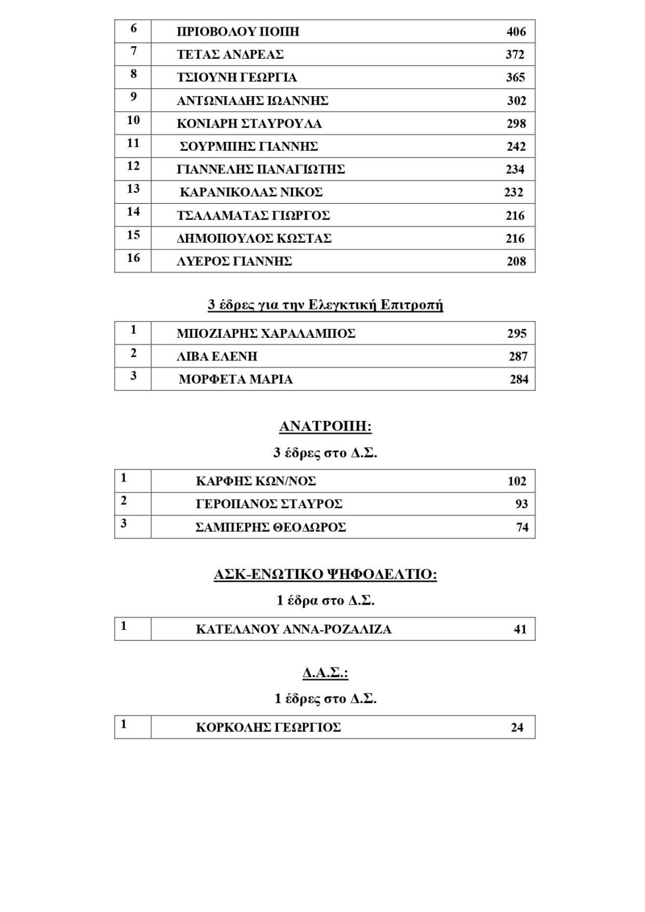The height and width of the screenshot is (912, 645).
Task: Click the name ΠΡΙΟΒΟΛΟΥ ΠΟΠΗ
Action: pos(238,32)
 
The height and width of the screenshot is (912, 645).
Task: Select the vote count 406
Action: pos(516,32)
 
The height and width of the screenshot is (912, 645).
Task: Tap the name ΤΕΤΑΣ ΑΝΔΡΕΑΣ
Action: pos(230,55)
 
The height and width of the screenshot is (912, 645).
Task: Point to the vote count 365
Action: pos(516,78)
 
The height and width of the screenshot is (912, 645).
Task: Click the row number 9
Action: pos(133,97)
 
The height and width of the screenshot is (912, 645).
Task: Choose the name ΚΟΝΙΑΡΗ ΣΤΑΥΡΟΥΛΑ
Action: pos(249,124)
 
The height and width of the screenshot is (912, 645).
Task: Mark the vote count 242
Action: pos(516,147)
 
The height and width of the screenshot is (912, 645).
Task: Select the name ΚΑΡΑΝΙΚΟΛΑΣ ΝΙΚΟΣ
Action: pos(251,192)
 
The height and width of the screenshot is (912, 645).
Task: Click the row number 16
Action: pos(133,258)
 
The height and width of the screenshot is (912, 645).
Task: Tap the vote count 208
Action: pos(516,261)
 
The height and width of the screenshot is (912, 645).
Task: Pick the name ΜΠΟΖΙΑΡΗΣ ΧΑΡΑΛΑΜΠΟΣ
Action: pos(265,334)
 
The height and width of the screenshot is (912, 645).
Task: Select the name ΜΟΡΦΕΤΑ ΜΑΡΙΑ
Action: pos(235,379)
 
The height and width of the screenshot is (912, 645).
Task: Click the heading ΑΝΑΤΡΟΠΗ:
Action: pos(325,426)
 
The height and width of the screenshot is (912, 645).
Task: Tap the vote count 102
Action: pos(517,482)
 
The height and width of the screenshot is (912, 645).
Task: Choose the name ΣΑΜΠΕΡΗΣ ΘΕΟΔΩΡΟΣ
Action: pos(271,527)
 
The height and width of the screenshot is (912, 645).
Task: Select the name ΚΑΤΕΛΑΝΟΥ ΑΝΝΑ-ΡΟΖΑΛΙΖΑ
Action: pos(293,629)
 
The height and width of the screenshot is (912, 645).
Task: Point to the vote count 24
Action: pos(517,728)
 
